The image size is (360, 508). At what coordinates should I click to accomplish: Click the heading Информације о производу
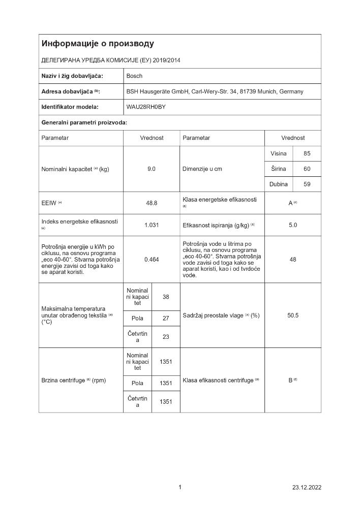tap(98, 44)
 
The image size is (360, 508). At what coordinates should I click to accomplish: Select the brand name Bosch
tap(134, 76)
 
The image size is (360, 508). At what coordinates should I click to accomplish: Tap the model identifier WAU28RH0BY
tap(146, 107)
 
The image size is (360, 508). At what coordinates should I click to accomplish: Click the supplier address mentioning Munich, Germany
tap(215, 91)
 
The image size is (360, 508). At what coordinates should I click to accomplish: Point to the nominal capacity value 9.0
tap(152, 169)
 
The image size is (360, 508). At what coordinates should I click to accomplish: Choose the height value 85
tap(307, 153)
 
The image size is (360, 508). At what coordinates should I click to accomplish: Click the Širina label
tap(278, 169)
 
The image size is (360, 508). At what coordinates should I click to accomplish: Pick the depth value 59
tap(307, 184)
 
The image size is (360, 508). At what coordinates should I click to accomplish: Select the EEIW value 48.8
tap(152, 203)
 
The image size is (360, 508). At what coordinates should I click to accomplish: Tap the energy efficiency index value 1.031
tap(152, 225)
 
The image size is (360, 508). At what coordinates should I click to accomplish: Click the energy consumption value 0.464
tap(152, 260)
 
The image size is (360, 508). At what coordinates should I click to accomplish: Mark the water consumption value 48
tap(293, 260)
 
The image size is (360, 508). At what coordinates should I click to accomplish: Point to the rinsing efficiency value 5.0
tap(293, 225)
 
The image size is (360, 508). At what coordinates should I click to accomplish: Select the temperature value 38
tap(166, 297)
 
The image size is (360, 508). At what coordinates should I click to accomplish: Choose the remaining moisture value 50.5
tap(293, 315)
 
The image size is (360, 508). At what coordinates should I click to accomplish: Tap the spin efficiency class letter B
tap(291, 380)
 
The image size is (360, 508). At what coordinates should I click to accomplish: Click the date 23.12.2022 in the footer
tap(307, 488)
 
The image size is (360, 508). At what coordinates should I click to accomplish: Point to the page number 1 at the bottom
tap(180, 488)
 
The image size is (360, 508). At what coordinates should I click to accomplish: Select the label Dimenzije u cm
tap(202, 169)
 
